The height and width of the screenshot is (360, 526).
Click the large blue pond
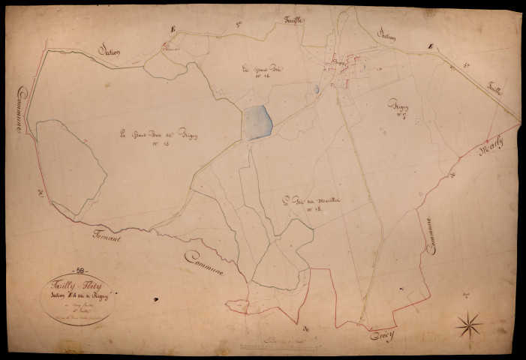pyautogui.click(x=255, y=122)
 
